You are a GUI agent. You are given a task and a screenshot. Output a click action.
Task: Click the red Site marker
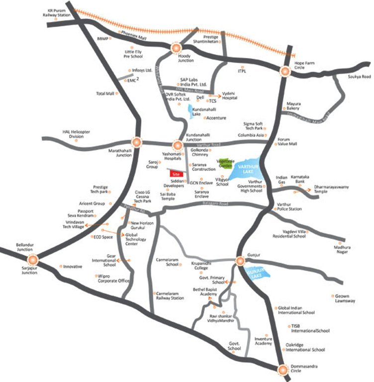pos(175,174)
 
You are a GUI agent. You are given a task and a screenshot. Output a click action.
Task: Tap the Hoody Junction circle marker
pos(177,48)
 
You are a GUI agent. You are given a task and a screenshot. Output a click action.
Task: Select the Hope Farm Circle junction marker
pos(285,71)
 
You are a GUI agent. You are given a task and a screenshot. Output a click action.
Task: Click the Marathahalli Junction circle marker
pos(135,142)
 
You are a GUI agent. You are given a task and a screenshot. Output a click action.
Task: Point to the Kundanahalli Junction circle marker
pos(178,145)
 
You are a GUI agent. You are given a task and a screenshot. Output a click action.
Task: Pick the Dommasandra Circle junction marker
pos(282,370)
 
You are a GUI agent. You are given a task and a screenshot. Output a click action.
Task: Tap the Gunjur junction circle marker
pos(240,260)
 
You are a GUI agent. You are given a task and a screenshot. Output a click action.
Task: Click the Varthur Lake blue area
pos(247,171)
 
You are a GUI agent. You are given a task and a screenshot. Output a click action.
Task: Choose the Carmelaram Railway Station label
pos(171,296)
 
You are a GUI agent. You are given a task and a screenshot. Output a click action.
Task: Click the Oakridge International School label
pos(304,347)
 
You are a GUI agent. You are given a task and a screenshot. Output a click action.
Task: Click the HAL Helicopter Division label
pos(76,134)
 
